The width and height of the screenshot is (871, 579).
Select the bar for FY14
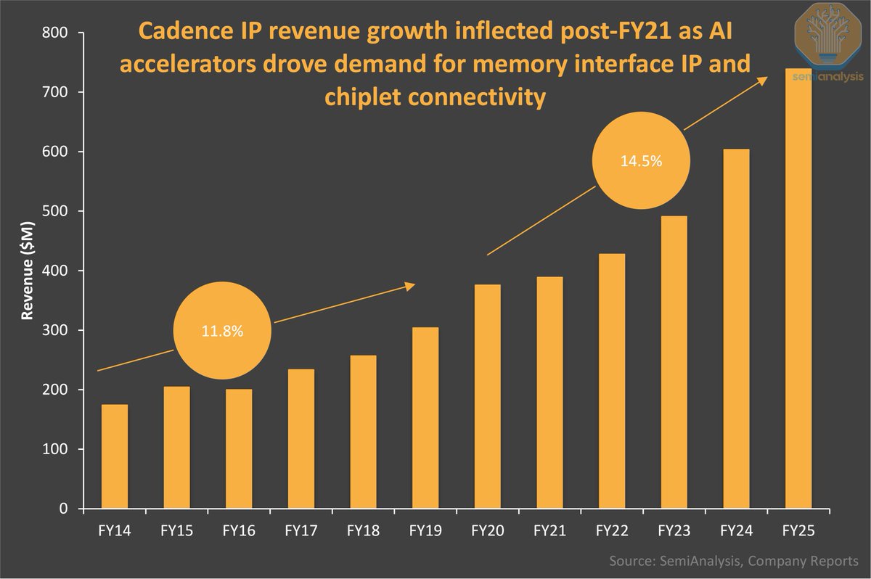point(115,456)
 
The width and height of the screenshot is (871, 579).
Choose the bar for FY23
point(674,362)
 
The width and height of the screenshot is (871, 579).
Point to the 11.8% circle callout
point(222,331)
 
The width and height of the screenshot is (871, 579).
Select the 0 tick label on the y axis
point(65,509)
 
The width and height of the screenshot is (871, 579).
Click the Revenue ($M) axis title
point(27,271)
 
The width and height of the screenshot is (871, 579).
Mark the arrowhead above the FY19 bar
point(410,286)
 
